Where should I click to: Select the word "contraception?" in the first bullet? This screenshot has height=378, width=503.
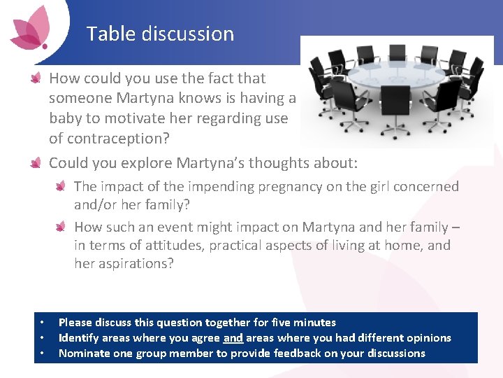[x=109, y=138]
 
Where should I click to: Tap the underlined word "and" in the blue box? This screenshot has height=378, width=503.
[x=233, y=338]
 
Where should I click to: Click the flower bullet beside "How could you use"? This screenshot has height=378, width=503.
[x=36, y=78]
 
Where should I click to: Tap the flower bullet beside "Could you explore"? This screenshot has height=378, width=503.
[x=36, y=163]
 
